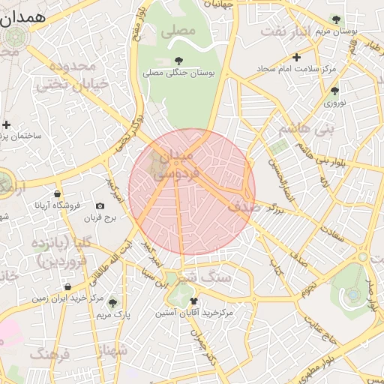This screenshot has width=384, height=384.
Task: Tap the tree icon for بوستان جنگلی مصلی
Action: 178,61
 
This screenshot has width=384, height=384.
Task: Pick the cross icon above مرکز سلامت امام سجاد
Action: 297,57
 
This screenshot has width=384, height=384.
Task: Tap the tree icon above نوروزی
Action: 334,91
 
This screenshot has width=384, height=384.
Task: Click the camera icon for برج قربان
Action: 100,205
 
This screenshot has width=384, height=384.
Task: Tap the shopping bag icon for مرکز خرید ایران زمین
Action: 68,286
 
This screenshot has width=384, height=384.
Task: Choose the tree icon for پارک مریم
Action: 112,303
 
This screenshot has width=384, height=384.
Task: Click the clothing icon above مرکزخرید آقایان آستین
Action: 194,300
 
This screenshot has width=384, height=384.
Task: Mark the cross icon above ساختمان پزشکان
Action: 7,124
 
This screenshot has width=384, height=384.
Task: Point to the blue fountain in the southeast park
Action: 353,294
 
